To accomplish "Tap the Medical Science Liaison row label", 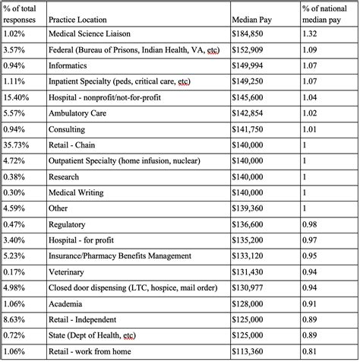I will pyautogui.click(x=93, y=34).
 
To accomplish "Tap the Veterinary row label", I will pyautogui.click(x=69, y=271).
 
